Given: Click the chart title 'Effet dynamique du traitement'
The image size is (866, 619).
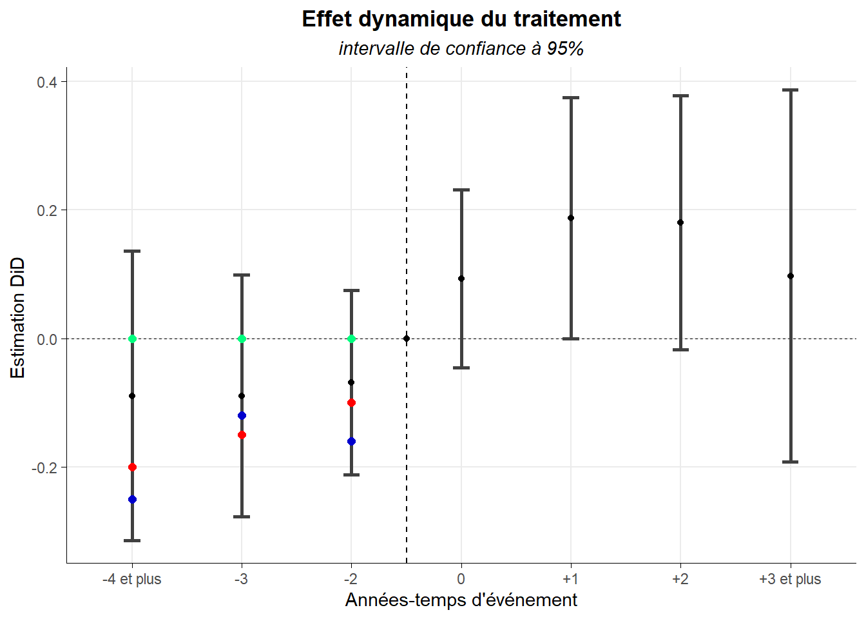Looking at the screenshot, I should tap(461, 19).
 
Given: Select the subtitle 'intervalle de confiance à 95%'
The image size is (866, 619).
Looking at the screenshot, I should tap(461, 49).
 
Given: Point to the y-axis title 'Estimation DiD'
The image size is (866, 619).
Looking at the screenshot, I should tap(18, 317).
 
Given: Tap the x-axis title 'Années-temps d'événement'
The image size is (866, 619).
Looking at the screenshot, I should tap(461, 600).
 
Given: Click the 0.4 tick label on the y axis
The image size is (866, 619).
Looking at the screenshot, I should tap(46, 82).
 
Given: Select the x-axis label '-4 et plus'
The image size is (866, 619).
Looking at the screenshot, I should tap(131, 579).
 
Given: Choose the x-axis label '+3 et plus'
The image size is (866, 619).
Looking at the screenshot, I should tap(790, 579).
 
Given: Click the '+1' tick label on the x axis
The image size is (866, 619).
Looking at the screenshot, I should tap(570, 579).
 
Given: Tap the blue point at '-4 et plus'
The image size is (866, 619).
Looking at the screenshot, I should tap(132, 500).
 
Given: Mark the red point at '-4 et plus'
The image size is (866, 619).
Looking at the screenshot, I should tap(132, 467).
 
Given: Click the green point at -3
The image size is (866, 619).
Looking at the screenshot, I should tap(242, 339).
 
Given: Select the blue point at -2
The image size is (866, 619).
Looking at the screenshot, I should tap(351, 442).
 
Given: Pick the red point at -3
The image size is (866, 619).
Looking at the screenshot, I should tap(242, 435).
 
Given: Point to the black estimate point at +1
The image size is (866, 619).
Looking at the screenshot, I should tap(571, 218).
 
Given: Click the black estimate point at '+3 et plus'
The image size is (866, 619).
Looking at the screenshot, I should tap(791, 276).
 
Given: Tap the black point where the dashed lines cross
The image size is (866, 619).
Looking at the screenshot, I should tap(407, 339).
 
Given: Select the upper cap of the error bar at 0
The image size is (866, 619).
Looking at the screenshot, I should tap(461, 190).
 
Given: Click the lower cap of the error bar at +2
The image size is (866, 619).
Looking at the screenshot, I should tap(680, 350).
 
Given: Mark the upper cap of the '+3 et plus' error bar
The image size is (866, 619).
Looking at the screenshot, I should tap(791, 90).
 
